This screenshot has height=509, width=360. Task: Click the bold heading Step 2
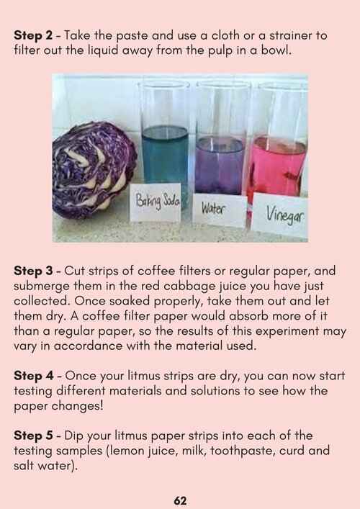coord(33,35)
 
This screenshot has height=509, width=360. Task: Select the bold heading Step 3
coord(33,271)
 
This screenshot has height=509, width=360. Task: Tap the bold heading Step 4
coord(33,376)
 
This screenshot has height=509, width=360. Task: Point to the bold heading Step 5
coord(33,436)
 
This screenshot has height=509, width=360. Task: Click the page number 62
coord(180,500)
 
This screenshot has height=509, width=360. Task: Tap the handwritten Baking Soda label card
coord(156,203)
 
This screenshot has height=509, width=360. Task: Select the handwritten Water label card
coord(219,210)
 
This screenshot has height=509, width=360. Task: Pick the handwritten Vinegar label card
coord(280,215)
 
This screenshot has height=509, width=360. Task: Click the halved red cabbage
coord(94,170)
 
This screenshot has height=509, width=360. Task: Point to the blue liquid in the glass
coord(165,156)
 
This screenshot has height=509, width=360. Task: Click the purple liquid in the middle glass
coord(220,166)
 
